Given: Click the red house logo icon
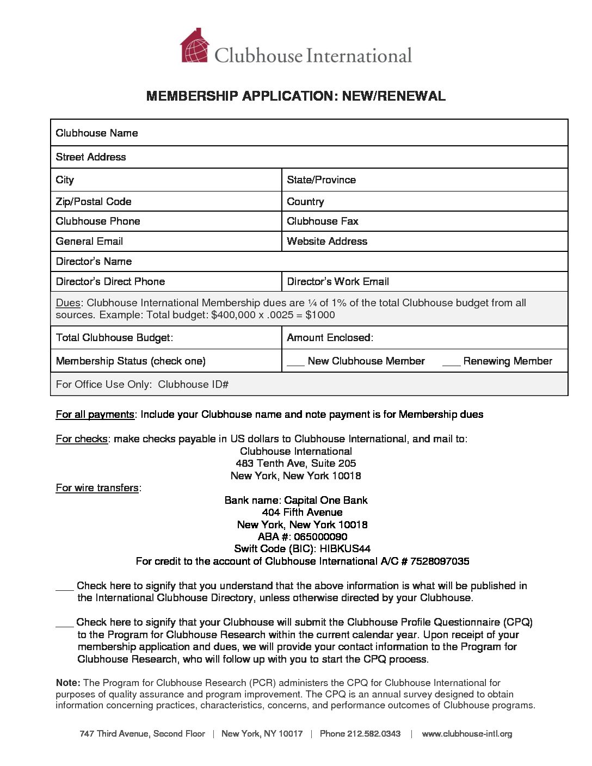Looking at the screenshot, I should coord(194,46).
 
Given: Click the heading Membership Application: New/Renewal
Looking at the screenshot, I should coord(296,96).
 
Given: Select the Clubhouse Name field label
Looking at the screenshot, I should coord(97,133).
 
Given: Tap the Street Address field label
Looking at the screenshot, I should coord(91,157).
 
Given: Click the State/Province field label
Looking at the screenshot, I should coord(322,180).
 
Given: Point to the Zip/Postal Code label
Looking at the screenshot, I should coord(94,202).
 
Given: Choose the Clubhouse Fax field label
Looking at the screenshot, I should coord(323,221).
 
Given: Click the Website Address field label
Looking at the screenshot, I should coord(327,242).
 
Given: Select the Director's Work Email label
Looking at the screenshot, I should coord(338,282).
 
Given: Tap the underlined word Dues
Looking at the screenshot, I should coord(68,303).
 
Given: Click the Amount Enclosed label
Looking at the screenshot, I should coord(330,338).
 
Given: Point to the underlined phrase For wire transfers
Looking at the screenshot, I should coord(97,488).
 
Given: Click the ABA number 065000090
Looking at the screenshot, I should coord(320,537).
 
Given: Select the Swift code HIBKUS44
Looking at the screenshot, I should coord(345,549).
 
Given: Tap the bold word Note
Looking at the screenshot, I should coord(68,683).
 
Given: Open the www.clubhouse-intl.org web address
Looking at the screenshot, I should coord(467,734).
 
